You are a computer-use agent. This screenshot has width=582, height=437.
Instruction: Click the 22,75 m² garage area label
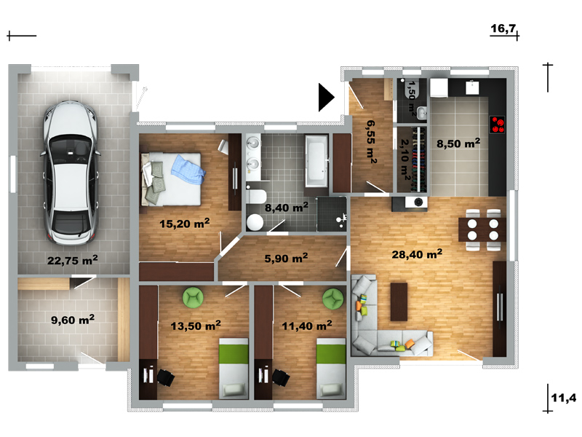click(x=72, y=260)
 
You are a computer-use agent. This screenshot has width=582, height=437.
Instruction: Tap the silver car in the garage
click(x=71, y=173)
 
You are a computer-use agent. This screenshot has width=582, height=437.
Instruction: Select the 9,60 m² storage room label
click(x=72, y=319)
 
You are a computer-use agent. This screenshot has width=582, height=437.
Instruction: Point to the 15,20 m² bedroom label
click(x=185, y=223)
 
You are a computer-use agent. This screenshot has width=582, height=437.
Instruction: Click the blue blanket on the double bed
click(x=188, y=170)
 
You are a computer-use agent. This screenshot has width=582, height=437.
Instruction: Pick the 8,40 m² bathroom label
click(x=286, y=207)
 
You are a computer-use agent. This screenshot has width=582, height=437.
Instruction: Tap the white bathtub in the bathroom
click(x=316, y=161)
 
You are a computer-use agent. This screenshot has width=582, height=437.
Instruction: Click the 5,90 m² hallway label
click(x=286, y=258)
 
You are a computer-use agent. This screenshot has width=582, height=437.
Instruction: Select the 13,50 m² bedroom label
click(x=196, y=326)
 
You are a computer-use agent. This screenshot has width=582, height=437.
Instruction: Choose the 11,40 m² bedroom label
click(x=307, y=326)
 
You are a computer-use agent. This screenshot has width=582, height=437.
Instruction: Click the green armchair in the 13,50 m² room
click(x=193, y=297)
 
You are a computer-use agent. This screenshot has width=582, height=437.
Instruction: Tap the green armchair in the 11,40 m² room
click(x=333, y=298)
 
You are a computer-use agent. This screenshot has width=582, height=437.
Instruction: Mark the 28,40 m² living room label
click(x=417, y=253)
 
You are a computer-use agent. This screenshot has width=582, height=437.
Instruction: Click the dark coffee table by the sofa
click(x=399, y=302)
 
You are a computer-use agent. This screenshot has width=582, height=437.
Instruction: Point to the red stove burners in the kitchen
click(x=497, y=125)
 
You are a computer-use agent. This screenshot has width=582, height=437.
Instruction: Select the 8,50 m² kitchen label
click(x=458, y=143)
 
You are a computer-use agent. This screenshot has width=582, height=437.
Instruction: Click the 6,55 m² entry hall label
click(x=371, y=141)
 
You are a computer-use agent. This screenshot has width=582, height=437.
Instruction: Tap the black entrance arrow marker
click(x=326, y=98)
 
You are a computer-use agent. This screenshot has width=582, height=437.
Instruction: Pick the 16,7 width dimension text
click(x=503, y=28)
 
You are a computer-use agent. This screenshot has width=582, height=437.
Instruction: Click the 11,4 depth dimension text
click(x=564, y=398)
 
